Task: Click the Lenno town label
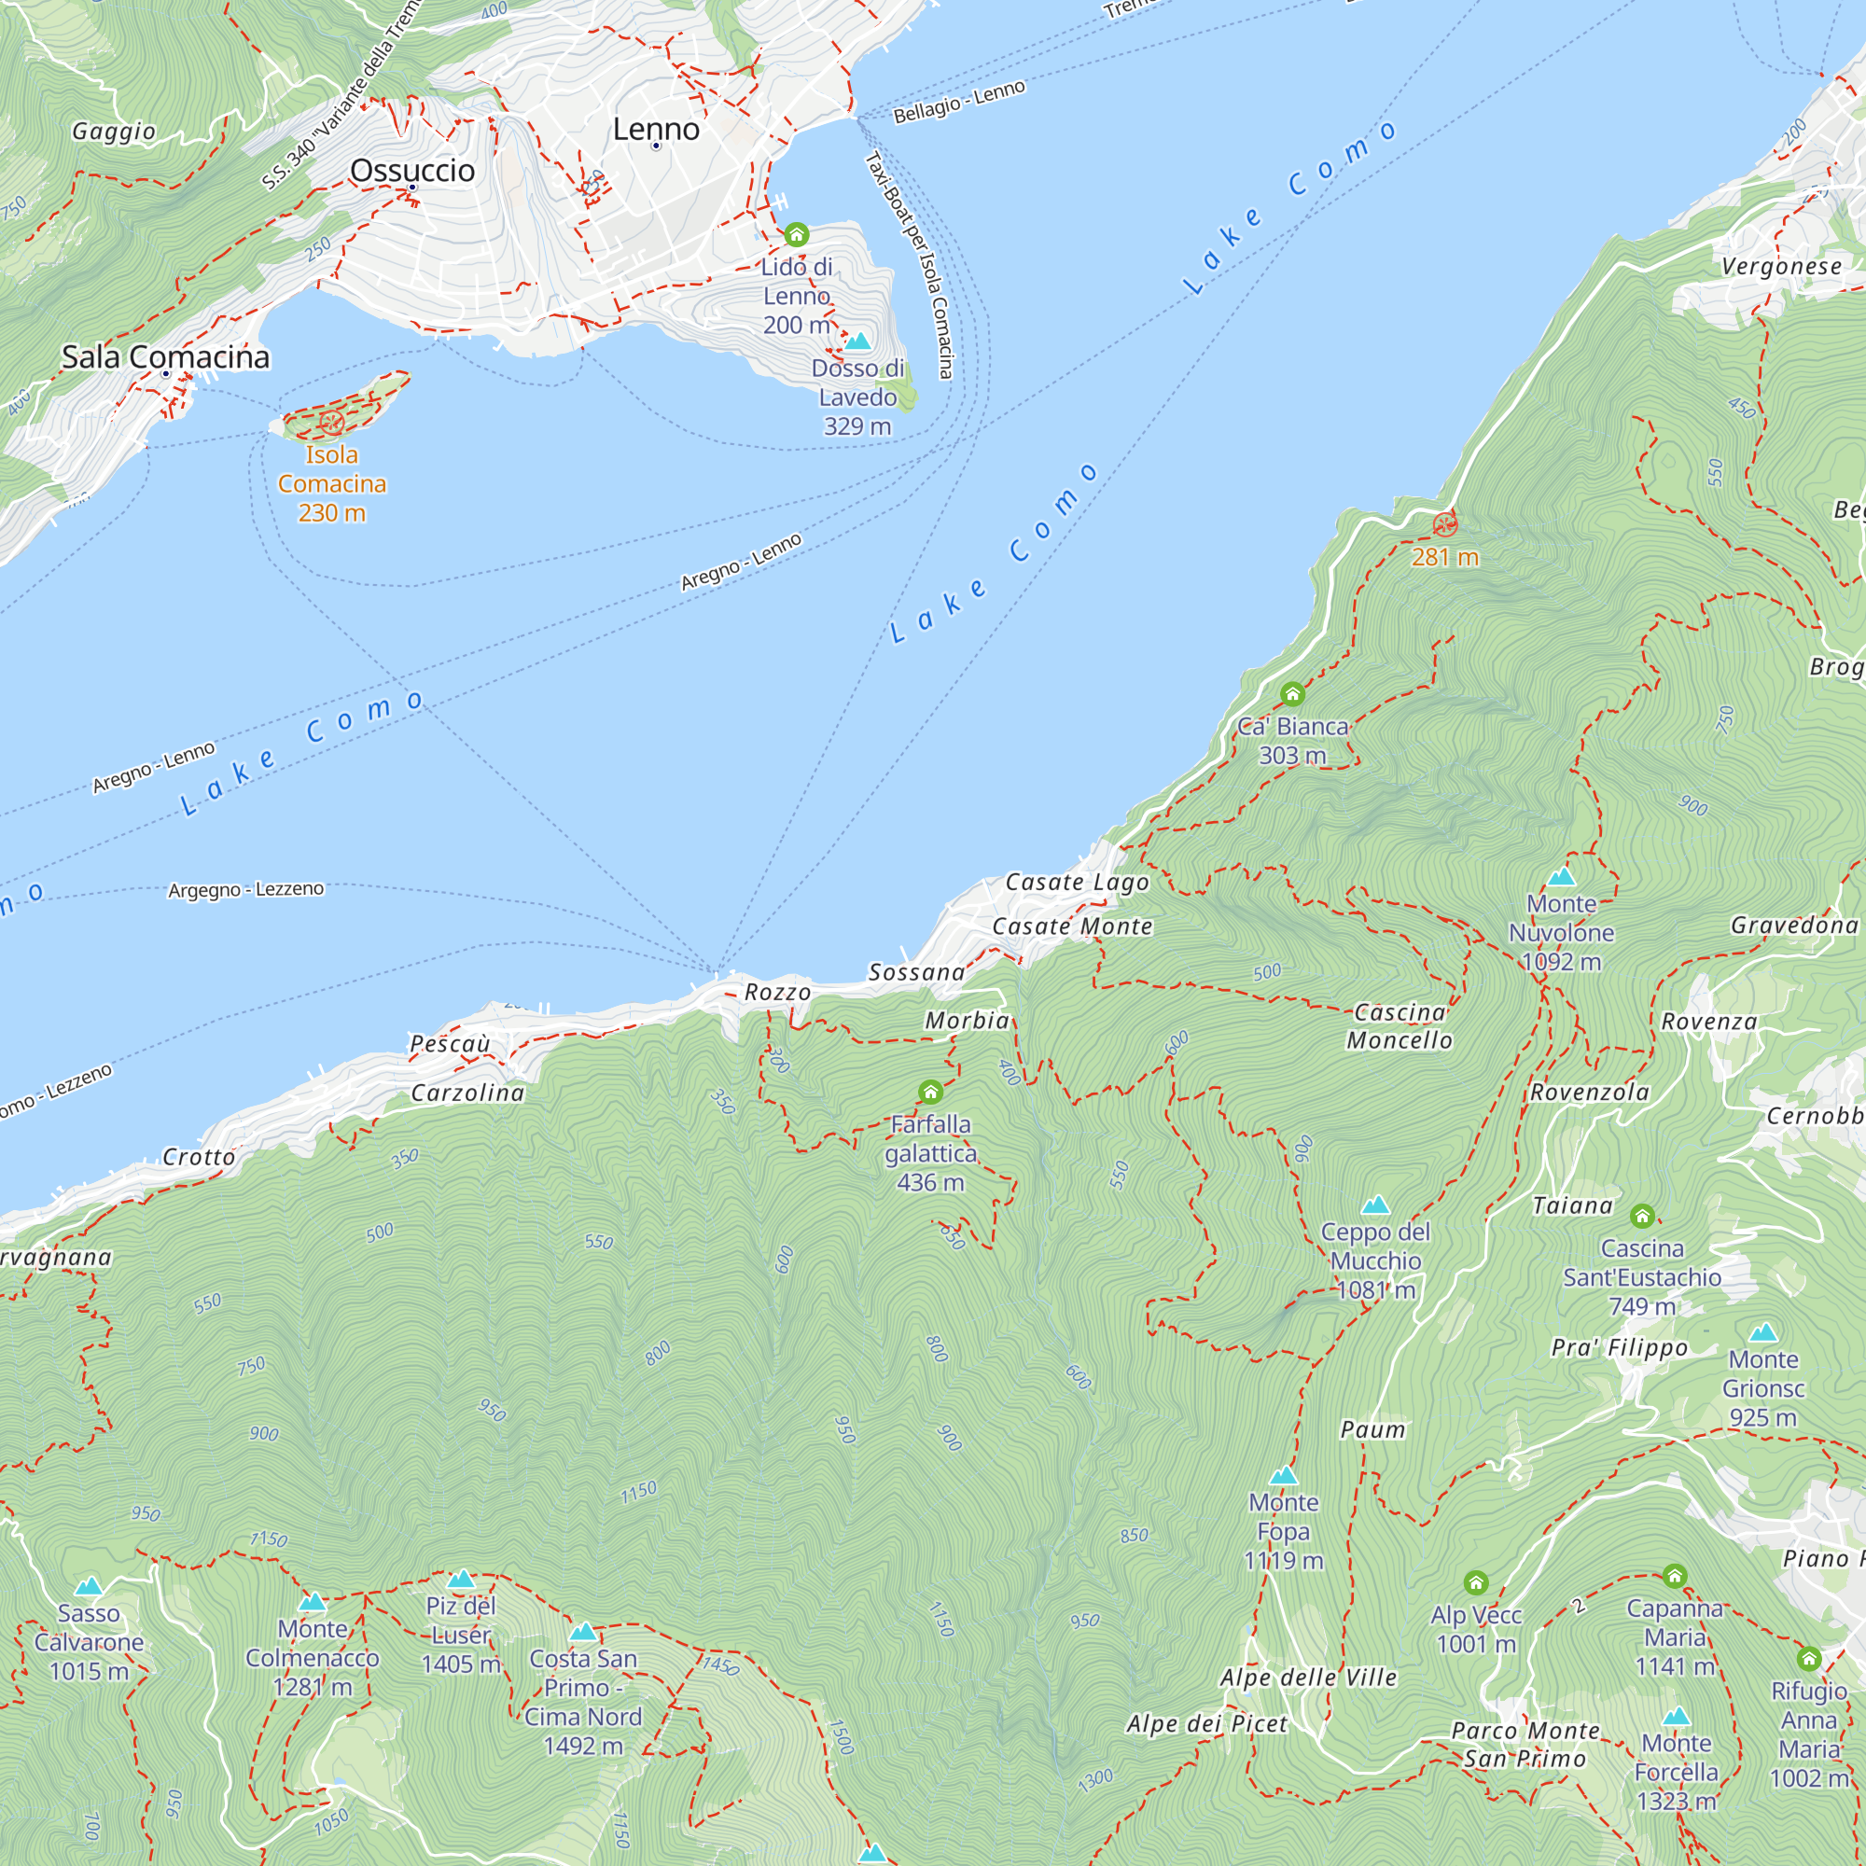click(656, 129)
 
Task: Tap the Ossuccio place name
click(412, 170)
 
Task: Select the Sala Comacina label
click(165, 356)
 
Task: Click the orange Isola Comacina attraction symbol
click(331, 422)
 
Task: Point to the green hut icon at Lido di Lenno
click(796, 235)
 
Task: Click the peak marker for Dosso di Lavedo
click(857, 341)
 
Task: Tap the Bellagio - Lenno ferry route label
click(959, 102)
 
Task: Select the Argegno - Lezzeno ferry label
click(246, 888)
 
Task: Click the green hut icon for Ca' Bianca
click(1292, 693)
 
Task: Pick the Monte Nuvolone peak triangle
click(1561, 877)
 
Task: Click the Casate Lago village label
click(1077, 882)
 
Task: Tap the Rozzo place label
click(777, 992)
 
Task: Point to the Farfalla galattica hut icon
click(930, 1093)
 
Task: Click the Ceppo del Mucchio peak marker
click(1375, 1205)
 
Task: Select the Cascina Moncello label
click(1399, 1025)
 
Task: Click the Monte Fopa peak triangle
click(1283, 1476)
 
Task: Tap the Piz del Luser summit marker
click(461, 1580)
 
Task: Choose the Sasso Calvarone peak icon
click(89, 1587)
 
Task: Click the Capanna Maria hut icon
click(1675, 1576)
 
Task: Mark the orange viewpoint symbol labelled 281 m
click(1445, 524)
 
